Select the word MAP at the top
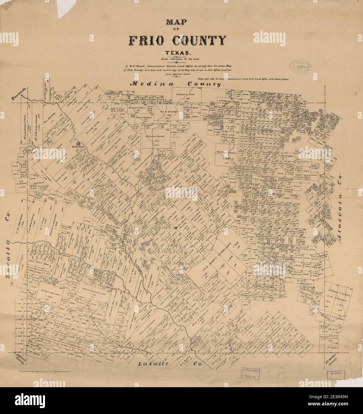[x=181, y=22]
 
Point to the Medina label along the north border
[x=151, y=84]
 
